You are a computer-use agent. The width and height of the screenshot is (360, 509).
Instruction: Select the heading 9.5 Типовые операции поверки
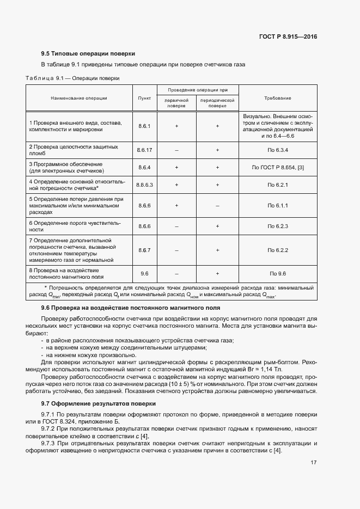point(88,53)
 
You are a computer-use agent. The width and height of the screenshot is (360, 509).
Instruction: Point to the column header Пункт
point(144,98)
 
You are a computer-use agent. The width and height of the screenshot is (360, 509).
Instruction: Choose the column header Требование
point(277,98)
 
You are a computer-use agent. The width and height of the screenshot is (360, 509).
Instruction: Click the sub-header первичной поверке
point(176,103)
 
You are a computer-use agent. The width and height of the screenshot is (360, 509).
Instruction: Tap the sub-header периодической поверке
point(217,103)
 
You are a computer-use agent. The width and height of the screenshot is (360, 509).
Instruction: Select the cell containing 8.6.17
point(144,150)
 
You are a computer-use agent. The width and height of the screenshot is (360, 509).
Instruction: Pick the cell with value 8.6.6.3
point(144,185)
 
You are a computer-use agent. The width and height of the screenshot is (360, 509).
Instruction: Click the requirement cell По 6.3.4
point(277,150)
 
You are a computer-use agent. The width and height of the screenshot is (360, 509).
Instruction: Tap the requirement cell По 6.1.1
point(277,206)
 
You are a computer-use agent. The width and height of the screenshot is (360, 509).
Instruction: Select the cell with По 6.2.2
point(277,250)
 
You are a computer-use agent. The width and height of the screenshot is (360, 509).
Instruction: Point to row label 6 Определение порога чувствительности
point(74,226)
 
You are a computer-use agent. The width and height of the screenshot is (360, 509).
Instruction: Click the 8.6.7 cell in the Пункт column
point(144,250)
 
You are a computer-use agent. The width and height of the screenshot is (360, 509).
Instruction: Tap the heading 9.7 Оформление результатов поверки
point(98,403)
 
